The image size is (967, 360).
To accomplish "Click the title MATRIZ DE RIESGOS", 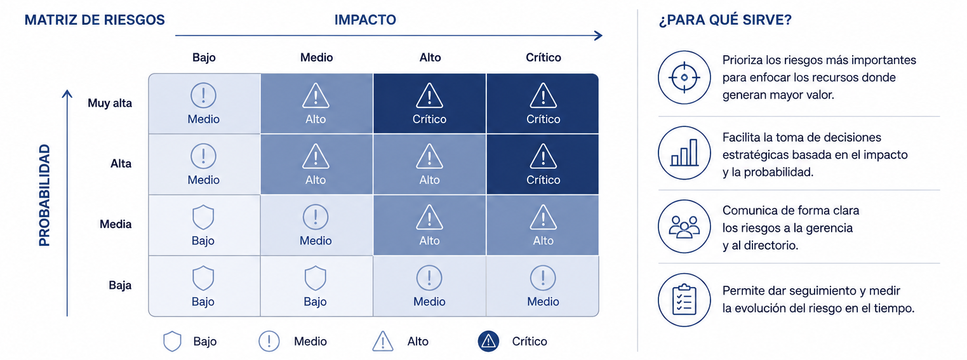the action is (95, 20).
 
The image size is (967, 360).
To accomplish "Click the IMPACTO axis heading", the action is (365, 20).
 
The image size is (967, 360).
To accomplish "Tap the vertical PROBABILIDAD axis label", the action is (44, 195).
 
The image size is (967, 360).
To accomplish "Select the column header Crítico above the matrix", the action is (543, 57).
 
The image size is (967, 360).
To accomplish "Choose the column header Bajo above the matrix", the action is (204, 57).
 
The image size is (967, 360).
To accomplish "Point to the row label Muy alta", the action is (110, 103).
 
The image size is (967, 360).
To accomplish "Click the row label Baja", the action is (120, 285).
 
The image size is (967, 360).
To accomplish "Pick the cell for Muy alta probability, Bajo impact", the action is (204, 103).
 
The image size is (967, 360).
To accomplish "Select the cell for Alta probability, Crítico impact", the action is (542, 164).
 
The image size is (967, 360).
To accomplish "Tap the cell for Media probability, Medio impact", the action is (316, 225).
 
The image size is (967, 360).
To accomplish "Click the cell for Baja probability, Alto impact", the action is (430, 286).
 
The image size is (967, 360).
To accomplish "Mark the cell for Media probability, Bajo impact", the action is (204, 225).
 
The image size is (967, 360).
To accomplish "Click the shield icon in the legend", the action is (172, 342).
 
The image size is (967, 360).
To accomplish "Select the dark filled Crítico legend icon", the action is (488, 342).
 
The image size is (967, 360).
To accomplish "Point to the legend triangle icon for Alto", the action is (382, 341).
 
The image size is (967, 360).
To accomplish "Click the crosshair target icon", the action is (684, 77).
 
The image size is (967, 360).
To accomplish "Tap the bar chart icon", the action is (684, 153).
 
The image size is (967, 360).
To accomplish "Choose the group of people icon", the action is (684, 227).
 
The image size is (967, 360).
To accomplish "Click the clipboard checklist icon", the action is (684, 300).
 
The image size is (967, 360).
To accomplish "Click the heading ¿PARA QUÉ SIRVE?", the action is (725, 20).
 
